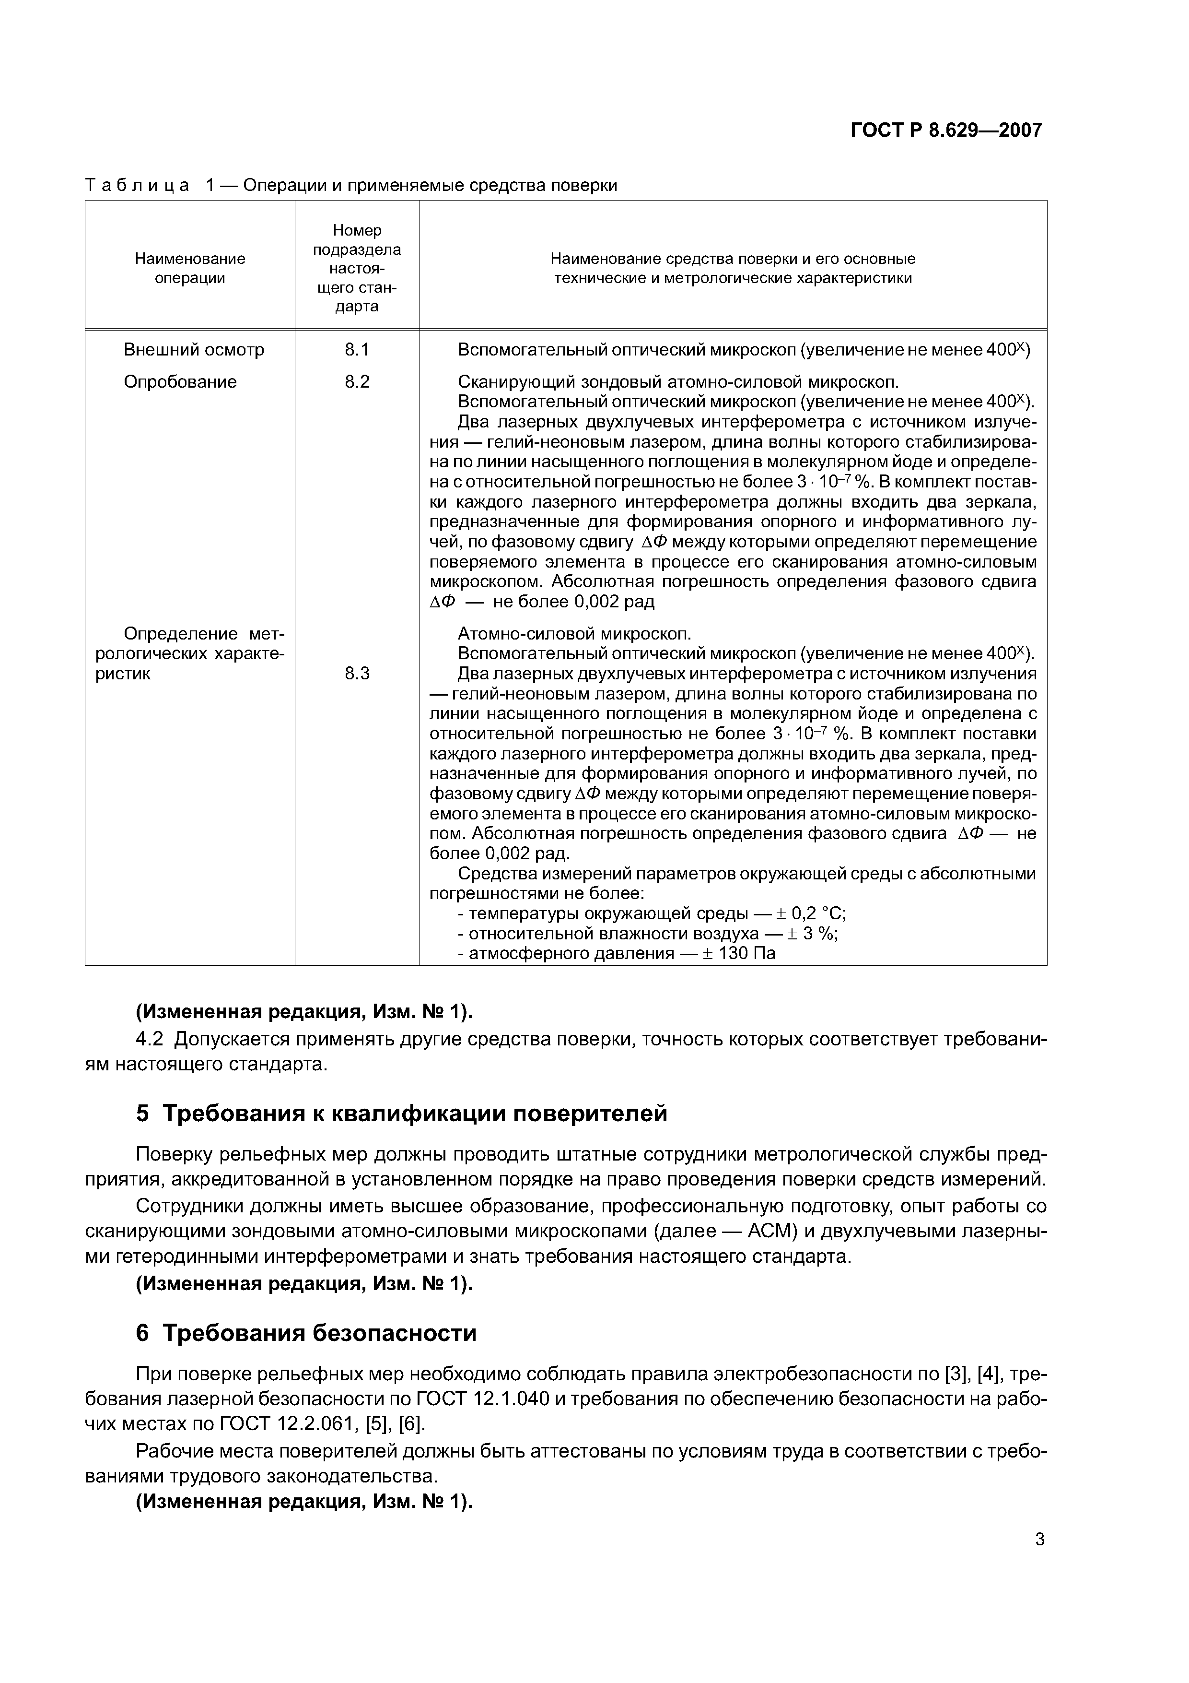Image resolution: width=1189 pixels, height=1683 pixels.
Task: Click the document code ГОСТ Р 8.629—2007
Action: [946, 130]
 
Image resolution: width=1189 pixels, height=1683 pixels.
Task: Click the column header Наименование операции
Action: [190, 268]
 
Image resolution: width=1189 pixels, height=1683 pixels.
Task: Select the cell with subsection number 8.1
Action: [357, 350]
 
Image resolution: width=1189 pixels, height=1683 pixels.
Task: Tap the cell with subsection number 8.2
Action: [357, 382]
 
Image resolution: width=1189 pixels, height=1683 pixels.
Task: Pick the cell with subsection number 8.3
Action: [357, 674]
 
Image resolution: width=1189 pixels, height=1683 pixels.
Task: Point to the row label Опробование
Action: [180, 382]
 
